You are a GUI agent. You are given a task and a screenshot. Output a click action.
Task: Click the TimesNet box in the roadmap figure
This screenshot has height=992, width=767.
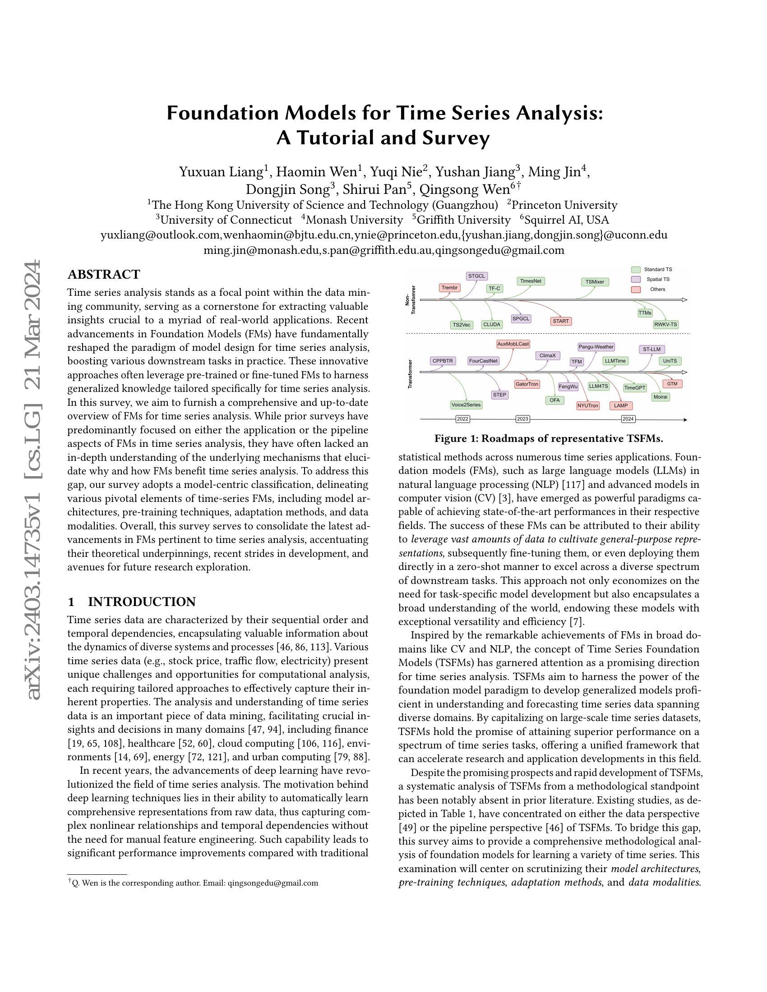[531, 281]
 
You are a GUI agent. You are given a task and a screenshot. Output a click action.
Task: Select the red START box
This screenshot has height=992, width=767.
[561, 321]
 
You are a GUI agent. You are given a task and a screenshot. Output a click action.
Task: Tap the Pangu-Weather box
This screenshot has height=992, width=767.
[596, 347]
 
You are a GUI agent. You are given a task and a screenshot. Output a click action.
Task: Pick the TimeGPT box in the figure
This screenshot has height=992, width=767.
[634, 388]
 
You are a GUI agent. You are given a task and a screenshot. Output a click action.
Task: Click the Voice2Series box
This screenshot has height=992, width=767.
[466, 405]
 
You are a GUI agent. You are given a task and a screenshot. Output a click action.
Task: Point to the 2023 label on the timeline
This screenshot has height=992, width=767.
[522, 419]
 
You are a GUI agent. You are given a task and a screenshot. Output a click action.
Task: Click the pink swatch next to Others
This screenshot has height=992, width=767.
[636, 289]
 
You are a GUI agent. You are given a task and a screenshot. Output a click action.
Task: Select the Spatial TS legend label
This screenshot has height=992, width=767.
[657, 280]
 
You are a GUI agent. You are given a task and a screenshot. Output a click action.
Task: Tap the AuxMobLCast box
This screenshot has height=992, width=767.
[513, 344]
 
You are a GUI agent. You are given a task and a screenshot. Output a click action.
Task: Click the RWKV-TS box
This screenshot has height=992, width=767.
[665, 325]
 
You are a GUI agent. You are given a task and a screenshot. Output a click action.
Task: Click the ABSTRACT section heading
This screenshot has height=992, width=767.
[104, 274]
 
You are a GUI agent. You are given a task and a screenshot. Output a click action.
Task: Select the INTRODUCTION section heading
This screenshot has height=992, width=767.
[141, 602]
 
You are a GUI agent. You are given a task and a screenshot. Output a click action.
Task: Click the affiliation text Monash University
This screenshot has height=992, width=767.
[354, 220]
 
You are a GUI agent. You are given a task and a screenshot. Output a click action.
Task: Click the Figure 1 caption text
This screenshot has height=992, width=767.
[549, 439]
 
